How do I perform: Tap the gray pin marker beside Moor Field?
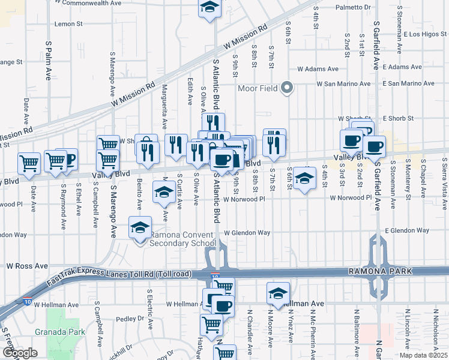(286, 88)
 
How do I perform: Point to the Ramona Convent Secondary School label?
(182, 239)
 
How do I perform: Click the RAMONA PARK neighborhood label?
(381, 272)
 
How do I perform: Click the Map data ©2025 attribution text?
(424, 355)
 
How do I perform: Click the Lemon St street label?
(68, 24)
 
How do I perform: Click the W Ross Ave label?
(27, 265)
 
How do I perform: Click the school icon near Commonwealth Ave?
(209, 8)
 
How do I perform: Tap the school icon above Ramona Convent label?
(140, 228)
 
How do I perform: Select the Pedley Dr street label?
(127, 319)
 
